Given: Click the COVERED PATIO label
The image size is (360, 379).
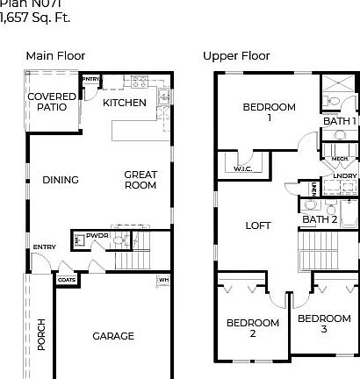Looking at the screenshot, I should [x=51, y=102].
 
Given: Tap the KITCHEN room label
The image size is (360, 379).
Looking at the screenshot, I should [x=125, y=103].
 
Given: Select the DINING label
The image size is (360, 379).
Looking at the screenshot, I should [x=61, y=180].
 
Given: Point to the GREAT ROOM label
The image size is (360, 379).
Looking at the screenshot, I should [x=140, y=180].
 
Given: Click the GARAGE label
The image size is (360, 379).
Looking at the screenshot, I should [x=114, y=336].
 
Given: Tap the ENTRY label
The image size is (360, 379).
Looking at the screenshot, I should [x=45, y=247].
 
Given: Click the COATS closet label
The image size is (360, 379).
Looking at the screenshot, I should [x=67, y=280].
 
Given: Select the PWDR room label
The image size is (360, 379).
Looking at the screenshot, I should [x=97, y=236].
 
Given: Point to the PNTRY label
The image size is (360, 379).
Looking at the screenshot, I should [x=91, y=79].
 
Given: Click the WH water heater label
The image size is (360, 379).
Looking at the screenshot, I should [x=163, y=281].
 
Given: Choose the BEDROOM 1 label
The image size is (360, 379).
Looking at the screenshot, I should [x=270, y=111].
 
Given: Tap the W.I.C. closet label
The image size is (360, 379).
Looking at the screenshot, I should [x=243, y=168].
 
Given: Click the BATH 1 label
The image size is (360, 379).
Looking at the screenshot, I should [x=342, y=121].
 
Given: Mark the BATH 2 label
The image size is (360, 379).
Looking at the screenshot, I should [x=320, y=218].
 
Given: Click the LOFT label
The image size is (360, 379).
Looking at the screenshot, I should [x=258, y=225].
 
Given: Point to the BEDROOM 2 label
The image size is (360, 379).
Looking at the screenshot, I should [x=252, y=328].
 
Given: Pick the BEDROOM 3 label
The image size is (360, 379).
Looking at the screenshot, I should [x=323, y=324].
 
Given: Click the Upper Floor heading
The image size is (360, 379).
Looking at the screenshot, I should [x=236, y=56].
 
